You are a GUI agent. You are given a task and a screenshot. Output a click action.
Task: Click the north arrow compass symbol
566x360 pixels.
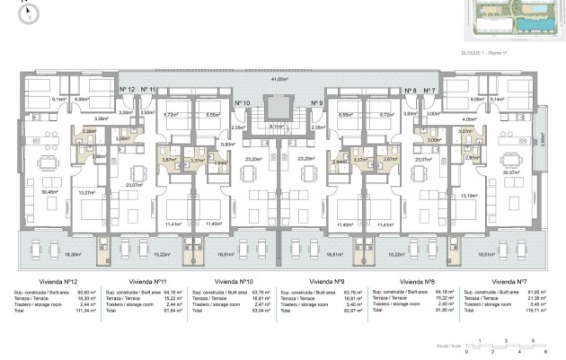[31, 13]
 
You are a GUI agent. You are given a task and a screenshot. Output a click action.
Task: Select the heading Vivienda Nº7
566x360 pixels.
[510, 280]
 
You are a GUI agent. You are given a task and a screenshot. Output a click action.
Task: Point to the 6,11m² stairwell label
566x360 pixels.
[279, 127]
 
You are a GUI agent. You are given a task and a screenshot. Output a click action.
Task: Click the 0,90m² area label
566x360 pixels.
[228, 144]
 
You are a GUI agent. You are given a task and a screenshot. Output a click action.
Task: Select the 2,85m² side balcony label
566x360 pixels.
[542, 138]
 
